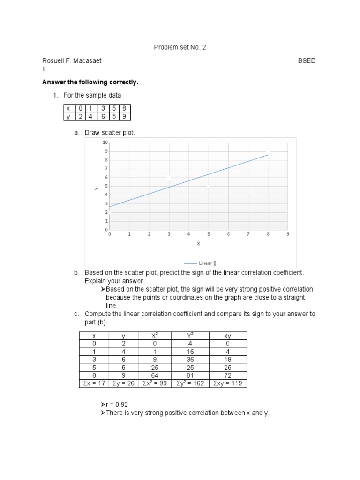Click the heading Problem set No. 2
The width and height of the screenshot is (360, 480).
[x=180, y=47]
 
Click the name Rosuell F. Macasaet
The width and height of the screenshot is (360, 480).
[x=72, y=60]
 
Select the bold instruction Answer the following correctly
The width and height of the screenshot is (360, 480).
[x=90, y=82]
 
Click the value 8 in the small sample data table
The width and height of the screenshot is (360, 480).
[x=124, y=108]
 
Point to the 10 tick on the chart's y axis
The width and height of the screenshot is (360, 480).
[x=105, y=142]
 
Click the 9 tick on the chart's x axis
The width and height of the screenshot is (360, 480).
[x=288, y=234]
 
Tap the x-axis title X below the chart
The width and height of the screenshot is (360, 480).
[x=198, y=243]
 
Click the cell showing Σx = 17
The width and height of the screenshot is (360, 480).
[x=94, y=383]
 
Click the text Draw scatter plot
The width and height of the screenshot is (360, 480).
[x=110, y=133]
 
